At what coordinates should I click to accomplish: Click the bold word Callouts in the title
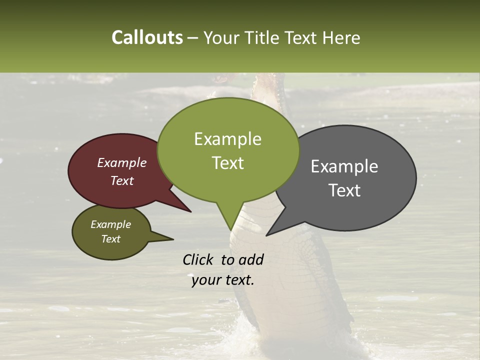(147, 37)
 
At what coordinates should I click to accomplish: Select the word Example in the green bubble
(227, 139)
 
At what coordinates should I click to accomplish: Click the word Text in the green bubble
(227, 163)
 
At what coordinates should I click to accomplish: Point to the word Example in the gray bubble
(344, 166)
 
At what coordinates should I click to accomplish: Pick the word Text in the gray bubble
(344, 190)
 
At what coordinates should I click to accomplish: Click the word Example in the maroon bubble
(121, 162)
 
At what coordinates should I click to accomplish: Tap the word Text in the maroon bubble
(121, 180)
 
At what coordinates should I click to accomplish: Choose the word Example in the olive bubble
(110, 224)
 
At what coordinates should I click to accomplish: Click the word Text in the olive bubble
(110, 239)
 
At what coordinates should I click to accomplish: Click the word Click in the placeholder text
(199, 259)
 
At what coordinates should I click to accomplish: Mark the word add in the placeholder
(251, 259)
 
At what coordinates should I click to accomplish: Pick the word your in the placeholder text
(206, 280)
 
